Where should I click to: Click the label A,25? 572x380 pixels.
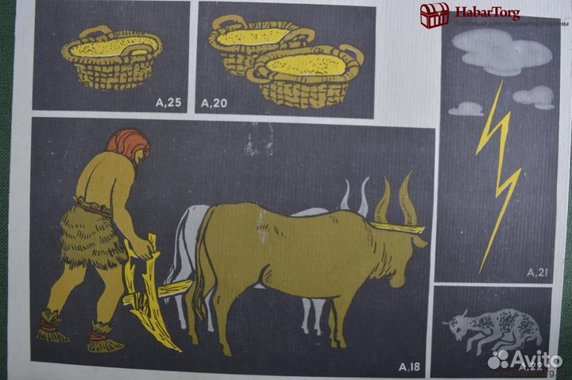click(x=168, y=102)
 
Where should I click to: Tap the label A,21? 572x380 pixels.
click(x=539, y=273)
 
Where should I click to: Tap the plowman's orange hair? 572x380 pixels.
click(x=126, y=146)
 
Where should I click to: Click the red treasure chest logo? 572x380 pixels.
click(x=435, y=14)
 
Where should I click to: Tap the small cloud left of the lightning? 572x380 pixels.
click(x=466, y=109)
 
